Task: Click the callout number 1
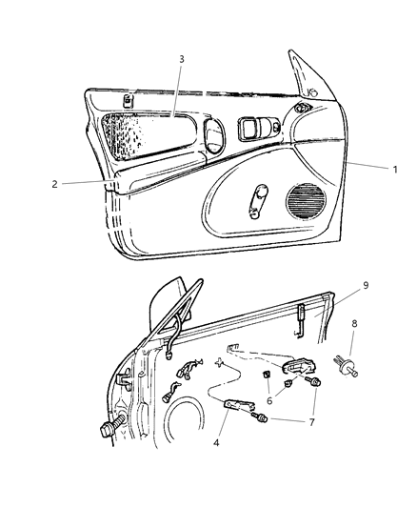pyautogui.click(x=395, y=169)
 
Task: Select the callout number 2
pyautogui.click(x=55, y=184)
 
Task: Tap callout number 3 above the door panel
pyautogui.click(x=182, y=59)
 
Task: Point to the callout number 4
pyautogui.click(x=216, y=442)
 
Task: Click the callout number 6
pyautogui.click(x=269, y=400)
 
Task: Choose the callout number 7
pyautogui.click(x=311, y=422)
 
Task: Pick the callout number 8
pyautogui.click(x=354, y=323)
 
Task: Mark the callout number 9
pyautogui.click(x=366, y=285)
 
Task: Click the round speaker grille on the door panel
pyautogui.click(x=306, y=202)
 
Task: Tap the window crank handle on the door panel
pyautogui.click(x=257, y=201)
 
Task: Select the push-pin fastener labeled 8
pyautogui.click(x=346, y=366)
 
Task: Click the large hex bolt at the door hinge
pyautogui.click(x=112, y=425)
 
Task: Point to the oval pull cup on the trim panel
pyautogui.click(x=214, y=136)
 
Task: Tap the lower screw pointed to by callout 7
pyautogui.click(x=260, y=417)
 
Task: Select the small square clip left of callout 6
pyautogui.click(x=267, y=376)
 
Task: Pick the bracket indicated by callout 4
pyautogui.click(x=239, y=405)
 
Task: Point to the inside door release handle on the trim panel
pyautogui.click(x=258, y=129)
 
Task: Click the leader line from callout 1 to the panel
pyautogui.click(x=367, y=165)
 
